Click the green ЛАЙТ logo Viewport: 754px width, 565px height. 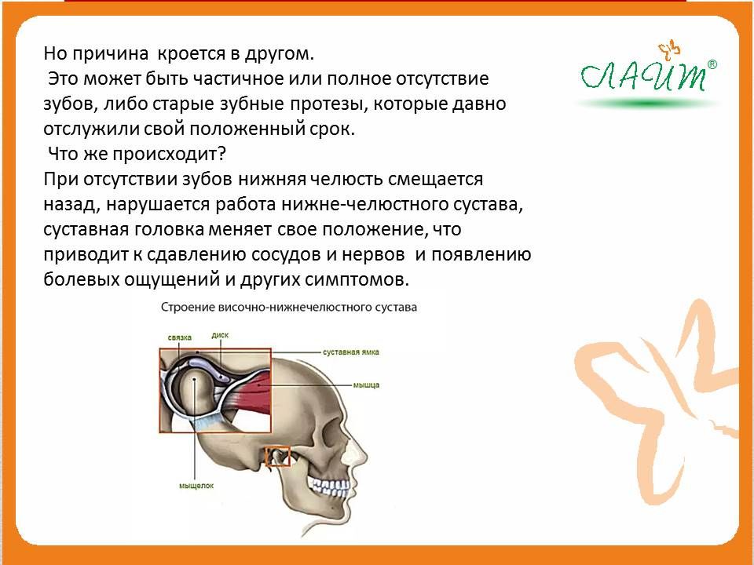643,76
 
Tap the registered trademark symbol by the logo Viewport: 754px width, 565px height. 712,64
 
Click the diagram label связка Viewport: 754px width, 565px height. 180,337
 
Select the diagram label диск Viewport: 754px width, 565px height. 220,335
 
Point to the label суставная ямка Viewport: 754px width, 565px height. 351,352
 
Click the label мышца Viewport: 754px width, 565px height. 367,385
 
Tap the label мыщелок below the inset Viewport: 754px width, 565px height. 196,486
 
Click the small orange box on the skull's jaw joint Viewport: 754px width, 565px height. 278,457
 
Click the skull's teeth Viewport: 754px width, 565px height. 329,487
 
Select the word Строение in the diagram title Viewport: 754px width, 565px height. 188,308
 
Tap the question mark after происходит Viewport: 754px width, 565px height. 221,154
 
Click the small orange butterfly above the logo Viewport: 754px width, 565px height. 669,50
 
